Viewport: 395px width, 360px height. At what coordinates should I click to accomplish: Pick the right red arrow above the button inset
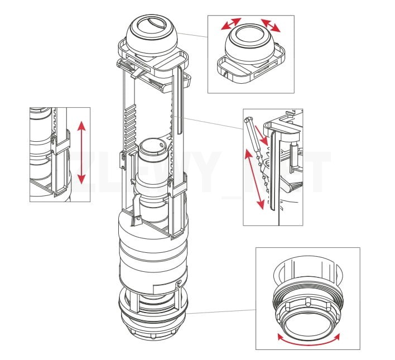click(x=271, y=25)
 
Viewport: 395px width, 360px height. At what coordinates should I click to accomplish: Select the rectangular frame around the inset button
click(x=251, y=70)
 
